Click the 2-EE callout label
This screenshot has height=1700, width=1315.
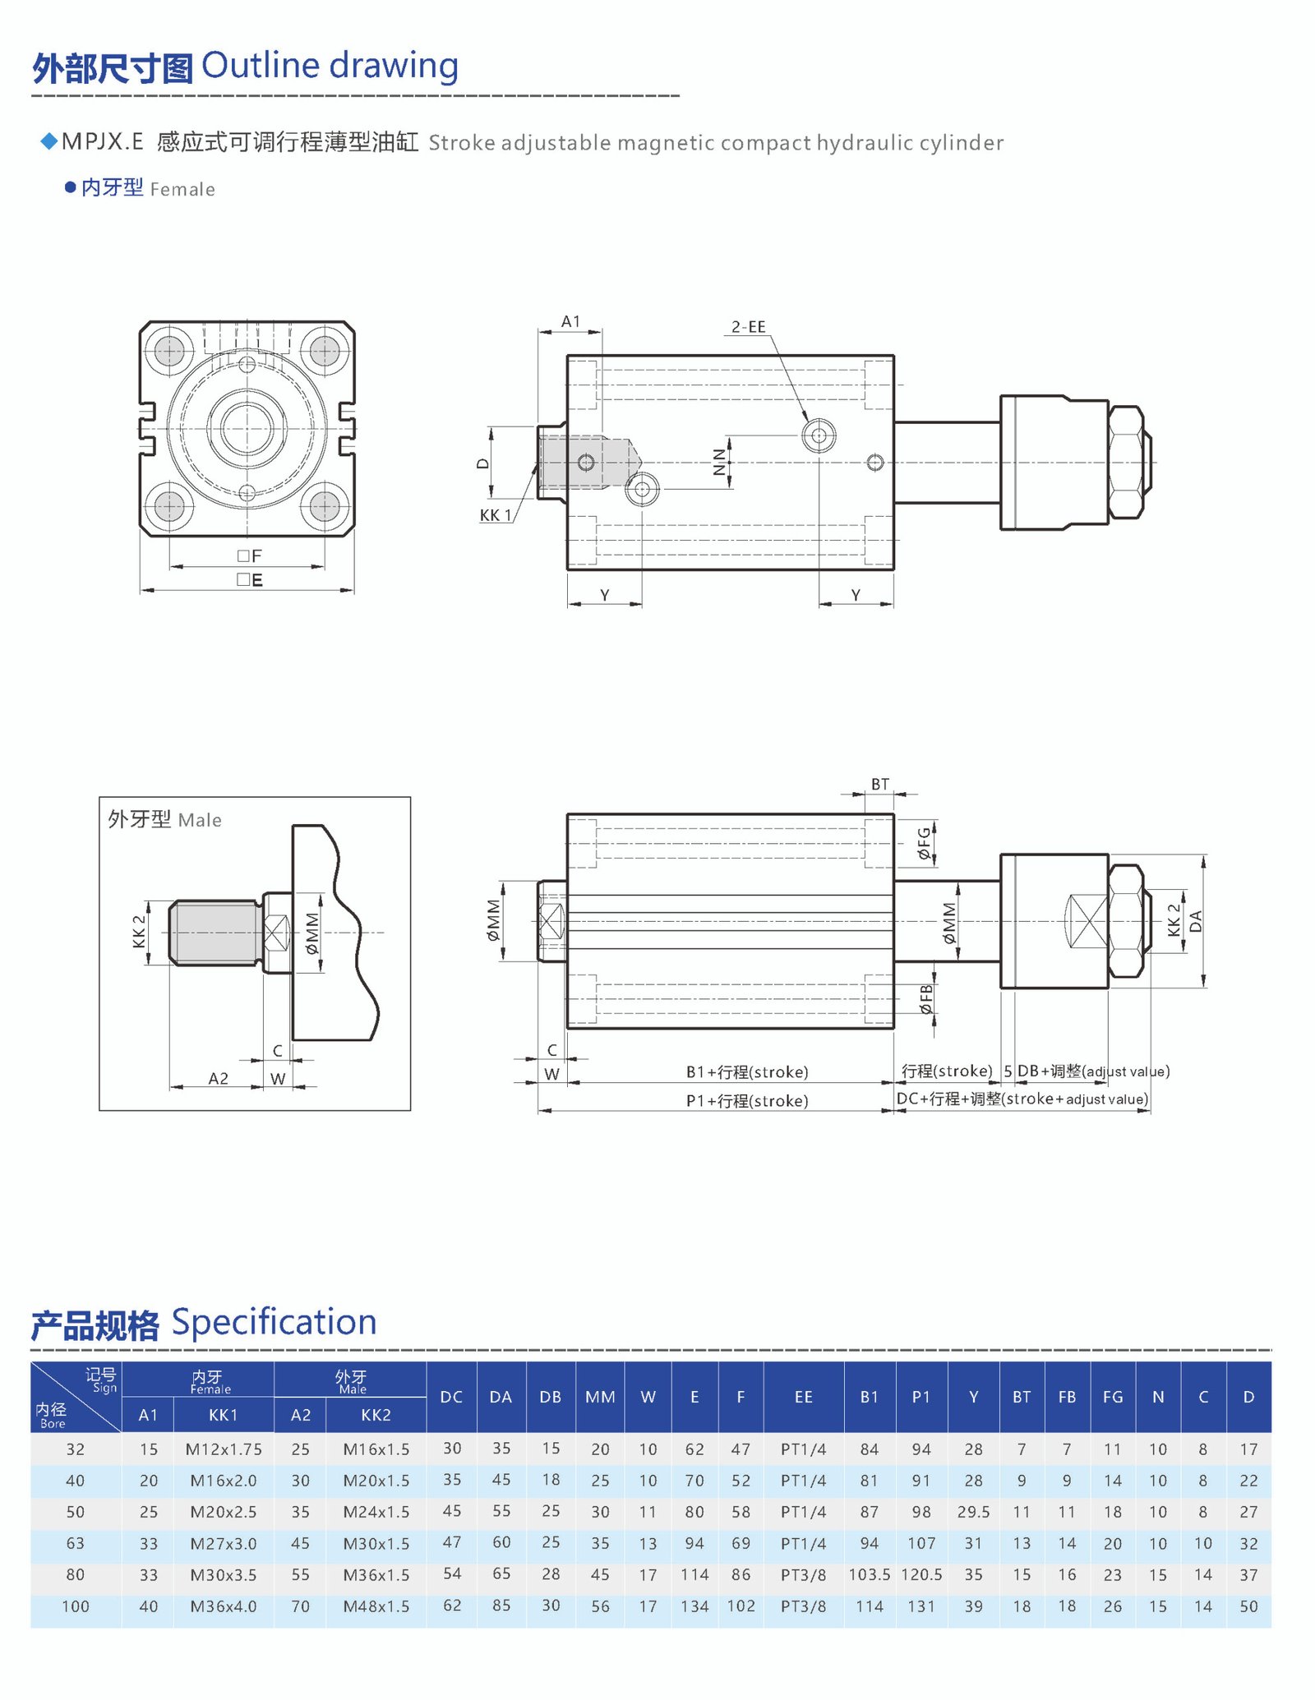(x=748, y=327)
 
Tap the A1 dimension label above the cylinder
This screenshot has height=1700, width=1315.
(x=570, y=321)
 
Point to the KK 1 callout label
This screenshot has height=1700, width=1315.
(x=496, y=515)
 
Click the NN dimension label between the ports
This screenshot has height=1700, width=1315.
(x=720, y=462)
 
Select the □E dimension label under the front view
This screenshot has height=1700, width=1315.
(x=250, y=580)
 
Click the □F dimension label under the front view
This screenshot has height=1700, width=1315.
(x=250, y=556)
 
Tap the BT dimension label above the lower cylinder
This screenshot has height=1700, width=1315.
(x=879, y=784)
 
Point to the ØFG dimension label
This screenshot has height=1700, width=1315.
(x=925, y=844)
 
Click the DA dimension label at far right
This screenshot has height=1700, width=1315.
(x=1196, y=921)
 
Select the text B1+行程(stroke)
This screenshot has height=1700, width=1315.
(x=747, y=1072)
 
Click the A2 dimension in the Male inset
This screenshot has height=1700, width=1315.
(x=218, y=1078)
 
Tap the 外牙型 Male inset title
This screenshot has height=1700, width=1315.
(x=164, y=819)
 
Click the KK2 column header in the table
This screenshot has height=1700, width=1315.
(x=376, y=1415)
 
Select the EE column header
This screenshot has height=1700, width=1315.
(x=803, y=1397)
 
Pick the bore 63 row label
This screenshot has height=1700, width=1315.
(x=75, y=1543)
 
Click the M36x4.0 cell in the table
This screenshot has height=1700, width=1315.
(x=223, y=1606)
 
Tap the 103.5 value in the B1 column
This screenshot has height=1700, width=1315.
(x=869, y=1574)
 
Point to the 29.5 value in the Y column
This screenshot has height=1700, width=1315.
(x=973, y=1512)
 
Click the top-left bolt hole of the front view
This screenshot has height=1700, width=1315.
(x=169, y=351)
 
